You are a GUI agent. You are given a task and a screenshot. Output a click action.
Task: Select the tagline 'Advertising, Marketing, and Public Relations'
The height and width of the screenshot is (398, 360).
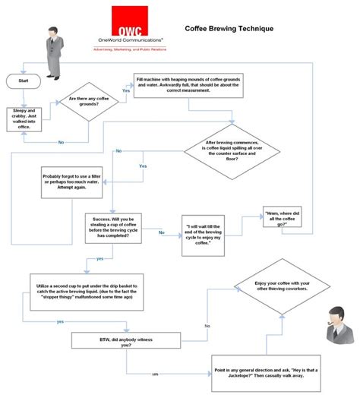tap(128, 49)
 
